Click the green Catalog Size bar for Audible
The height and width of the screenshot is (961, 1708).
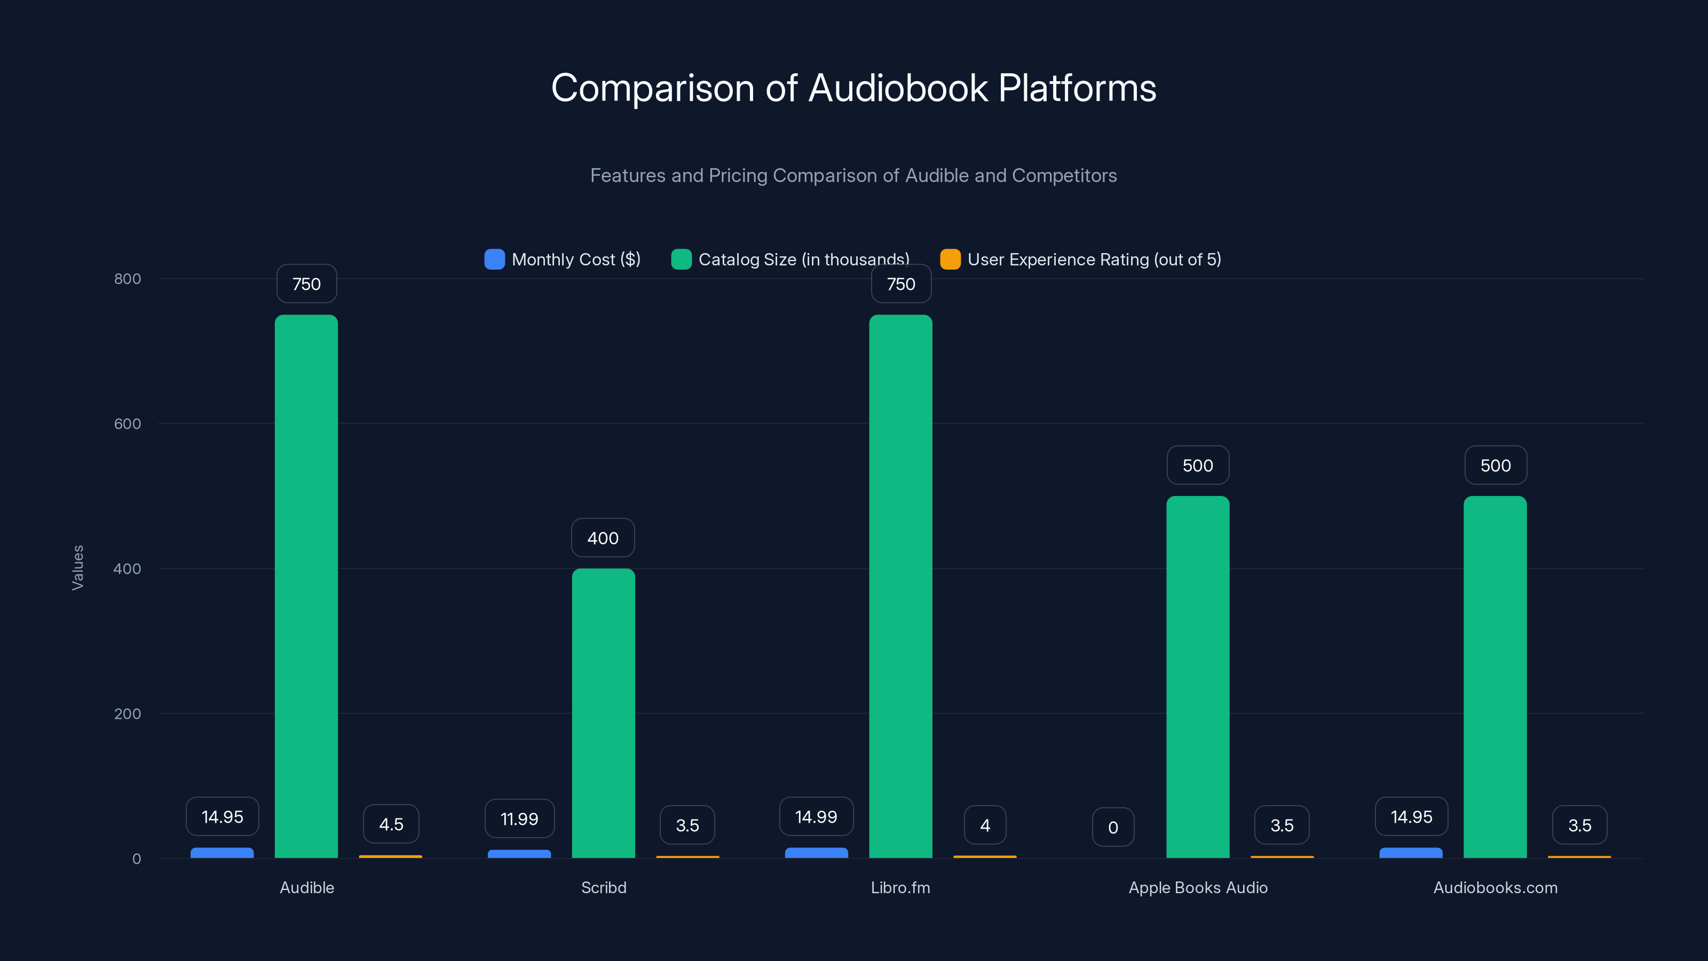tap(306, 586)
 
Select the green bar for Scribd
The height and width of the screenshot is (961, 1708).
tap(603, 713)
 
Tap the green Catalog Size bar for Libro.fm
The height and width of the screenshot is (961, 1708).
tap(900, 586)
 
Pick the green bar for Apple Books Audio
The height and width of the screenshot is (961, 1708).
tap(1197, 676)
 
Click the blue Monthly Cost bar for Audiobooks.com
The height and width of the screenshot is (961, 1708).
tap(1410, 853)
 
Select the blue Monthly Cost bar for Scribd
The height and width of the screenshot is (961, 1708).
tap(519, 854)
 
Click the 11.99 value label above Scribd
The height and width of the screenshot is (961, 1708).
tap(519, 818)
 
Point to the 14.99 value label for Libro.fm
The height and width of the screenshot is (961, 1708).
tap(816, 816)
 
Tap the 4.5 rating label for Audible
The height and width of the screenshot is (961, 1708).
tap(391, 824)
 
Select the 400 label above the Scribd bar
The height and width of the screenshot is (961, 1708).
tap(603, 538)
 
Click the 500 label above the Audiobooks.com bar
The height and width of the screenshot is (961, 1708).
tap(1495, 466)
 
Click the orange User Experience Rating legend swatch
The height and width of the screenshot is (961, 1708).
tap(950, 259)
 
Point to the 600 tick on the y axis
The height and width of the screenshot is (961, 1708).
tap(128, 424)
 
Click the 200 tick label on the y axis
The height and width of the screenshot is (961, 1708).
tap(128, 714)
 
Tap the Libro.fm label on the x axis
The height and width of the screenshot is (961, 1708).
tap(900, 887)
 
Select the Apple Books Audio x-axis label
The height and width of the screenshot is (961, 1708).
tap(1197, 887)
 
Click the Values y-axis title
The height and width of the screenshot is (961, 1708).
tap(77, 568)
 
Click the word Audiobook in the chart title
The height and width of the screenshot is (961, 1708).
tap(898, 88)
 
